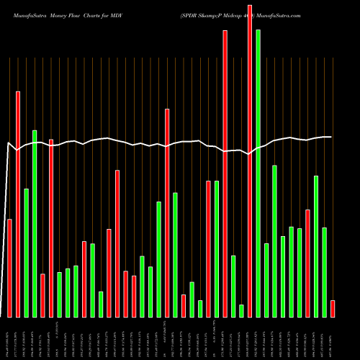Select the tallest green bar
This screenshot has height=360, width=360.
click(258, 173)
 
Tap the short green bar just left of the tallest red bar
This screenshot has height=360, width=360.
click(241, 310)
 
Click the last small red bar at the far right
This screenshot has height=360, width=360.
click(333, 308)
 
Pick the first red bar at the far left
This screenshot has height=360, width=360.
click(9, 268)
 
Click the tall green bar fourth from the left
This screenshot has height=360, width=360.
click(35, 223)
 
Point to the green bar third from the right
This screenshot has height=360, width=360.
click(316, 246)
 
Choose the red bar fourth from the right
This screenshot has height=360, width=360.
click(307, 263)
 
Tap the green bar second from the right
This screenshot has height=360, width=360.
click(325, 271)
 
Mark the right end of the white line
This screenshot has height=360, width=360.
click(331, 137)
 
